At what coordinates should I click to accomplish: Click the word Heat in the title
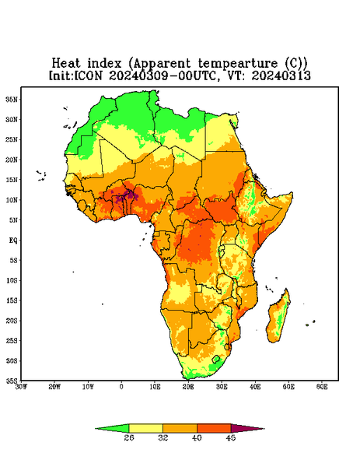[x=66, y=64]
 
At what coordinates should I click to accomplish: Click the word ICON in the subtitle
[x=89, y=75]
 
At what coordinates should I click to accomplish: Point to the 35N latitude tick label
[x=12, y=100]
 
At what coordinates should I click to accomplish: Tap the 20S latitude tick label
[x=12, y=321]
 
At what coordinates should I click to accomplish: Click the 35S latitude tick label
[x=12, y=381]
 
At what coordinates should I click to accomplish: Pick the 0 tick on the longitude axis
[x=121, y=387]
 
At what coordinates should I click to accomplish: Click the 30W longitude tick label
[x=22, y=387]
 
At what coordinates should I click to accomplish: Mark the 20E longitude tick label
[x=188, y=387]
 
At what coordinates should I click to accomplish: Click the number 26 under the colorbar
[x=129, y=437]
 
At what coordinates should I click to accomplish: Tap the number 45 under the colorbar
[x=231, y=437]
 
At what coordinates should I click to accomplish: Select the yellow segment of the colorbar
[x=145, y=428]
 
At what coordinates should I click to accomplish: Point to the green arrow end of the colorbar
[x=112, y=428]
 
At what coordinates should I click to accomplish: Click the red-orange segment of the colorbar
[x=214, y=428]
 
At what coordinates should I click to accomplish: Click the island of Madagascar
[x=278, y=318]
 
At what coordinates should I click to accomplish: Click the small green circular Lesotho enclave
[x=216, y=359]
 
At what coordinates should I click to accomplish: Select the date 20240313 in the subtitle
[x=281, y=75]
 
